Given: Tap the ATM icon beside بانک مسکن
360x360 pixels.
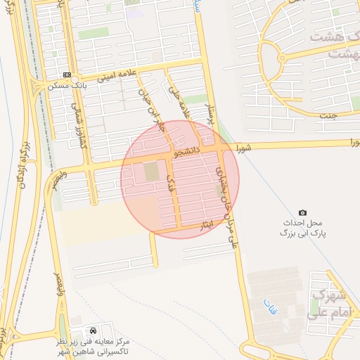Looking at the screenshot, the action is pyautogui.click(x=67, y=75).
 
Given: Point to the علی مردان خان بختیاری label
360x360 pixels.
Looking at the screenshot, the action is pyautogui.click(x=226, y=204).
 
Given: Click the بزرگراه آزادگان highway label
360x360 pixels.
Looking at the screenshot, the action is pyautogui.click(x=22, y=169).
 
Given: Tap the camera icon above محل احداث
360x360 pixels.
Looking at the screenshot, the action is pyautogui.click(x=302, y=212).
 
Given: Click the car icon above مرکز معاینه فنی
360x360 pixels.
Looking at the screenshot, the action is pyautogui.click(x=94, y=330).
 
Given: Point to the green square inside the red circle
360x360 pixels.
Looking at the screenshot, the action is pyautogui.click(x=151, y=172).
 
